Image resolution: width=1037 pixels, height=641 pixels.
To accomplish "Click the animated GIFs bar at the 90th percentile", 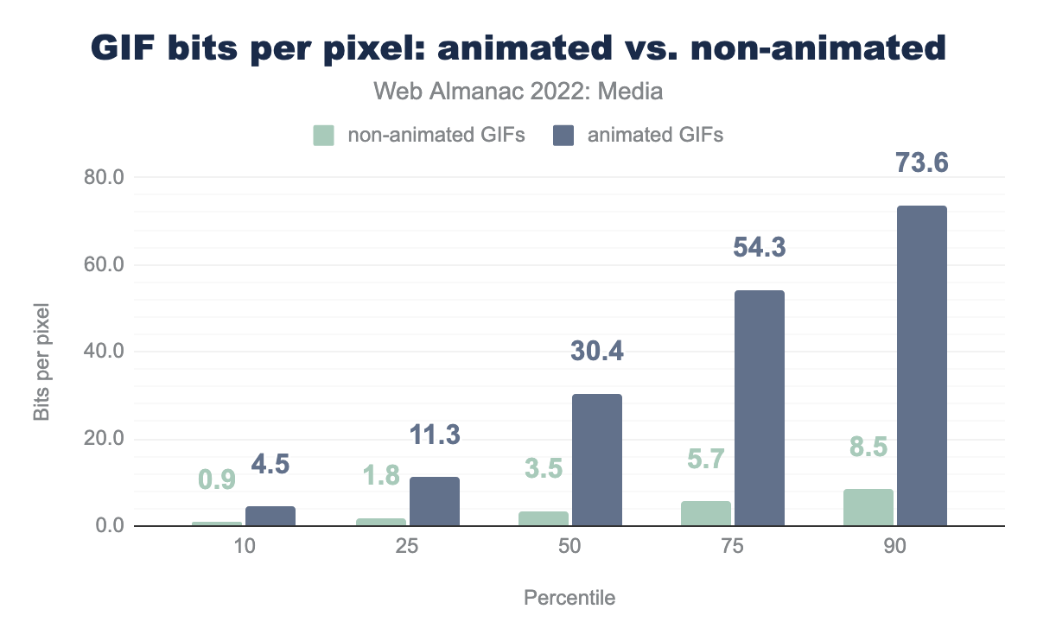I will point(921,365).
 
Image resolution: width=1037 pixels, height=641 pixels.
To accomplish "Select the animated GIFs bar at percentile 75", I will point(759,408).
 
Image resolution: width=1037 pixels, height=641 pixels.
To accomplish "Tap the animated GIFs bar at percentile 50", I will point(596,460).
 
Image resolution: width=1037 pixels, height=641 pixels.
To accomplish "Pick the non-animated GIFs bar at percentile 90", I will point(868,507).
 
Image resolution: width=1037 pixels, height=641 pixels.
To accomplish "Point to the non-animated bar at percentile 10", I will point(217,524).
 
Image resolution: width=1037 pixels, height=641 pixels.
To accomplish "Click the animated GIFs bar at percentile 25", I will point(434,501).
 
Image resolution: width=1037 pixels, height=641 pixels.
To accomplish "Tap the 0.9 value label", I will point(217,479).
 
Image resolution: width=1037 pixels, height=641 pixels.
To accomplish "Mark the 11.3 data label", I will point(434,435).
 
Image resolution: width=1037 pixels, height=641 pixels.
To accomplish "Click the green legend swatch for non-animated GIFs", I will point(324,136).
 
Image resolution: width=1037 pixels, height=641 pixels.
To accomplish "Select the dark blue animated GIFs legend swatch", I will point(564,136).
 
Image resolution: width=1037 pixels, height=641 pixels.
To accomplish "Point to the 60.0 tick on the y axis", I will point(103,264).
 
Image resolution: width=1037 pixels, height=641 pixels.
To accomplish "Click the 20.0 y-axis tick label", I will point(103,439).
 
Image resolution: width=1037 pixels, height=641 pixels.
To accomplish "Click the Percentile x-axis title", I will point(569,598).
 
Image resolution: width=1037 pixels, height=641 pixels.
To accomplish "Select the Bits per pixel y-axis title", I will point(42,361).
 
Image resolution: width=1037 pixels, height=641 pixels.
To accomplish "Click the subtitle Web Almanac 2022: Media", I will point(518,91).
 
